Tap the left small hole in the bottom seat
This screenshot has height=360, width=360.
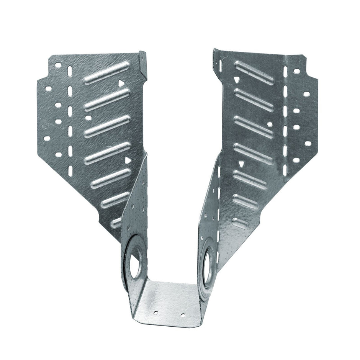point(155,313)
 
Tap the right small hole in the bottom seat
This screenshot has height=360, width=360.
point(183,315)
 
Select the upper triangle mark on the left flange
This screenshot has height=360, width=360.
point(121,83)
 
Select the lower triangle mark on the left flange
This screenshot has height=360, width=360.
point(127,160)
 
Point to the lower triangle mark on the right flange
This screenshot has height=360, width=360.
point(241,164)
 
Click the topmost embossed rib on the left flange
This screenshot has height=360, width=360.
point(106,73)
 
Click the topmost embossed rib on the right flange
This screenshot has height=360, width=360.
point(254,73)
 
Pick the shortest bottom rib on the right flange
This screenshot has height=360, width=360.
point(241,223)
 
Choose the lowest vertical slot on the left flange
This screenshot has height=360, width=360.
point(70,171)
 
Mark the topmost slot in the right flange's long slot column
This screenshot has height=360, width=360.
point(285,71)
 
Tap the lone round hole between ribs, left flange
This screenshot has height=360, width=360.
point(88,118)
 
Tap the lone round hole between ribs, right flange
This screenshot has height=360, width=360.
point(270,124)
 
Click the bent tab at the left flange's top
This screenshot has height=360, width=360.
point(143,63)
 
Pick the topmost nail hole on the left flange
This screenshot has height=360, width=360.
point(58,65)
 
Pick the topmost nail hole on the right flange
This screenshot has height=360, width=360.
point(296,71)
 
